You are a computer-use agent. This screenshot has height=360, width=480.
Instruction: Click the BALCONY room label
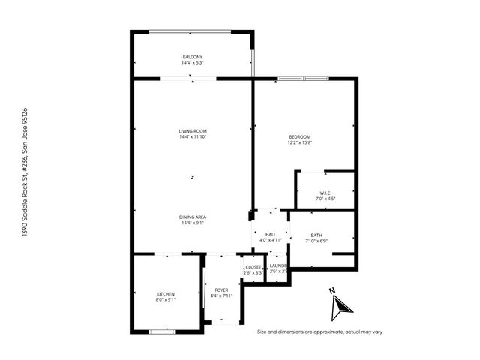tap(192, 57)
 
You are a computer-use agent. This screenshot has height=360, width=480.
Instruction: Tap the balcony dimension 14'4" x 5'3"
tap(192, 63)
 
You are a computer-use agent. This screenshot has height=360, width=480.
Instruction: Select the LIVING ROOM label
tap(192, 131)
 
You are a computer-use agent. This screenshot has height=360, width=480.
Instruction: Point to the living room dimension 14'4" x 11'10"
tap(192, 137)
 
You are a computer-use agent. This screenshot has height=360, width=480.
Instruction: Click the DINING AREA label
tap(192, 217)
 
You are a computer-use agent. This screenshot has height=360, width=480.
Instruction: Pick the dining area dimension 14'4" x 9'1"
tap(192, 223)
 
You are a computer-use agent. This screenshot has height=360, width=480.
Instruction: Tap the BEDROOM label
tap(300, 136)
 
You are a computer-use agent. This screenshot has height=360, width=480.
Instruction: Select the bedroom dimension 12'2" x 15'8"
tap(300, 142)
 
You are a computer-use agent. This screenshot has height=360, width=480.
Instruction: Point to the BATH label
tap(316, 235)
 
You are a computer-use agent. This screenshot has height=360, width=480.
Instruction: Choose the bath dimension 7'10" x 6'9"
tap(316, 241)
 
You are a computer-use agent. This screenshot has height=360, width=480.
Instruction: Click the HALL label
tap(270, 235)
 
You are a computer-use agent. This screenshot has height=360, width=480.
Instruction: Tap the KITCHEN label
tap(165, 293)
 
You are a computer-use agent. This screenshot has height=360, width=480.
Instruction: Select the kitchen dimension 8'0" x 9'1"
tap(165, 299)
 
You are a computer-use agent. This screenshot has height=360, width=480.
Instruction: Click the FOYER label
tap(221, 289)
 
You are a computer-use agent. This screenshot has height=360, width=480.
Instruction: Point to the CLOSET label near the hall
tap(253, 266)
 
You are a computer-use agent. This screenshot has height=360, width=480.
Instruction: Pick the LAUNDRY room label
tap(278, 266)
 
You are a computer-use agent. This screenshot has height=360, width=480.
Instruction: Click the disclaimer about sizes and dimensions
tap(319, 331)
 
